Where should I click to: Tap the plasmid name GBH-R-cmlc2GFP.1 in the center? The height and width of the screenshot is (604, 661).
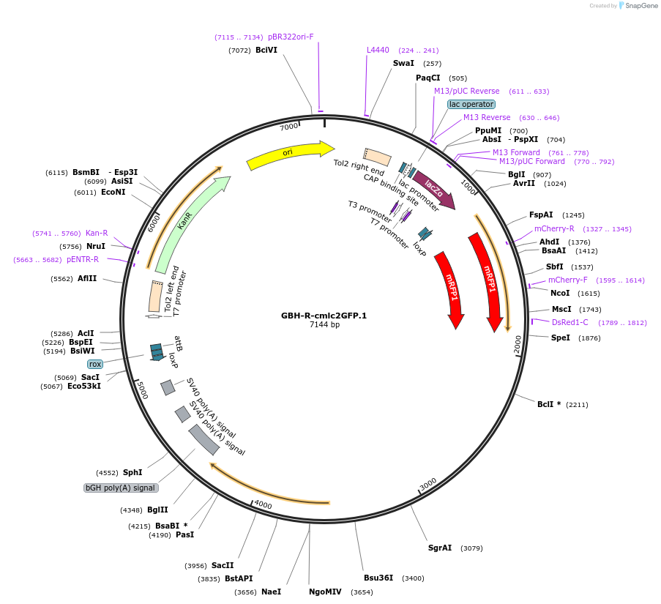(324, 316)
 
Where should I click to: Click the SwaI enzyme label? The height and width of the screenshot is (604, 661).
(403, 64)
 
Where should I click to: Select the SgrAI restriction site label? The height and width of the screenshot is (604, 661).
(440, 548)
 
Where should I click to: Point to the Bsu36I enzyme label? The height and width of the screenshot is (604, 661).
(378, 578)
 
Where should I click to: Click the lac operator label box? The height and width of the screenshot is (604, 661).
(471, 104)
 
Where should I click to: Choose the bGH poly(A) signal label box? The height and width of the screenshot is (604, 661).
(121, 488)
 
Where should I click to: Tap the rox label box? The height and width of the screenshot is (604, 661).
(95, 364)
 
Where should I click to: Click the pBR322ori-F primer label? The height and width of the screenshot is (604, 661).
(291, 37)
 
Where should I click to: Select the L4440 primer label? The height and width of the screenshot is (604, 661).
(378, 51)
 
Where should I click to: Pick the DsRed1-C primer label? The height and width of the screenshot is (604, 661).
(569, 322)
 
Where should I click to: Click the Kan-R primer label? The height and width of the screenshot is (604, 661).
(97, 233)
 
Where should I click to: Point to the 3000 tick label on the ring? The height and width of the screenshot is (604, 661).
(428, 483)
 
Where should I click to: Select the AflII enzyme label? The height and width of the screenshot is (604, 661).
(87, 279)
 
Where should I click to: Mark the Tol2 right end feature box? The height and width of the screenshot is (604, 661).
(377, 156)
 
